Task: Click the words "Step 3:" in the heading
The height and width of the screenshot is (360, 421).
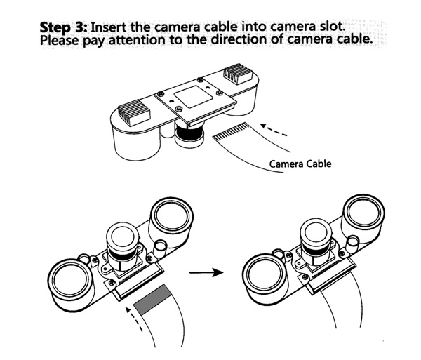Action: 63,27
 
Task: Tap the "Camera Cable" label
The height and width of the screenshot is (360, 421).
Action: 300,164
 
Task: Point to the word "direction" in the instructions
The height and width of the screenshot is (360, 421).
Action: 240,39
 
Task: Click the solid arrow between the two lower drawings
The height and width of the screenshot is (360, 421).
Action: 206,273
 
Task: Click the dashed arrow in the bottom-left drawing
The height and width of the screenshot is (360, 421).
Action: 135,319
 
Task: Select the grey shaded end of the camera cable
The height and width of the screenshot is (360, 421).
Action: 152,300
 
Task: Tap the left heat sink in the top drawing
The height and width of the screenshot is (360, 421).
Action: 134,112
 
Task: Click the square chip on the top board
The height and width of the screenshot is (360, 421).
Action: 193,97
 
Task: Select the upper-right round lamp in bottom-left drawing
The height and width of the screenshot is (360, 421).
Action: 172,218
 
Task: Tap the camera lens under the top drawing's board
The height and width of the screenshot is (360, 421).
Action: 189,134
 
